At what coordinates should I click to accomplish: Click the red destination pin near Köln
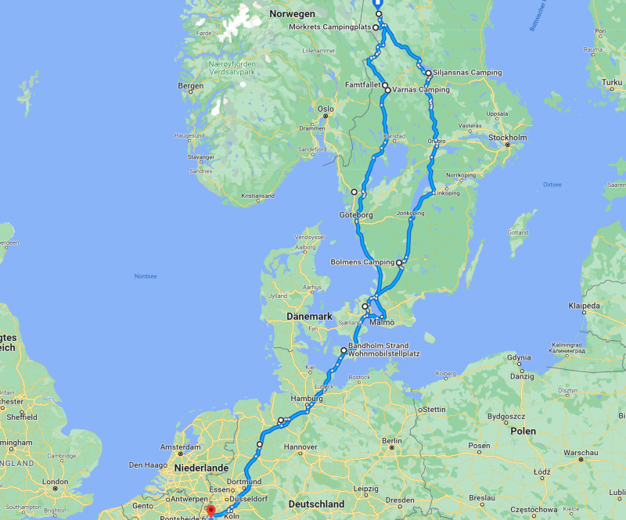[210, 511]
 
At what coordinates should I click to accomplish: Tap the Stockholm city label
[508, 138]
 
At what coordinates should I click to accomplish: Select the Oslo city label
[325, 109]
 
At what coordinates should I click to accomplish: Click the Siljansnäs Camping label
[469, 73]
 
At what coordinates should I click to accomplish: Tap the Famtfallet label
[362, 84]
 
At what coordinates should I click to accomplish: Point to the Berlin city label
[393, 441]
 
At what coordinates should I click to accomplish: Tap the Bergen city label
[191, 86]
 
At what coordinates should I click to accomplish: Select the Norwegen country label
[292, 14]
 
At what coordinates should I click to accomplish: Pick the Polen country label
[523, 431]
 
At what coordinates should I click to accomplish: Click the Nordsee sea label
[146, 275]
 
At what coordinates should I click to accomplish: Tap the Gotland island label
[519, 232]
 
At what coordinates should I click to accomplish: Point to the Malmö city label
[381, 321]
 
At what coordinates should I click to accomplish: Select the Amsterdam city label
[182, 447]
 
